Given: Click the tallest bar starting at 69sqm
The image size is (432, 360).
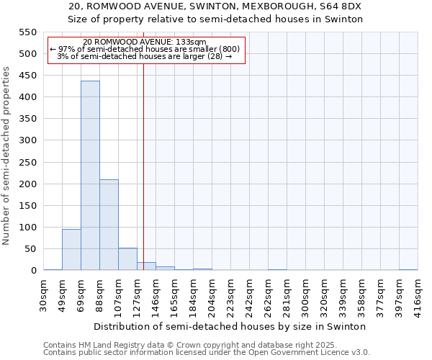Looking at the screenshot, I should (x=90, y=176).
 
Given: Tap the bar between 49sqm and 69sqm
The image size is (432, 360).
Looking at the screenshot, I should (x=71, y=249).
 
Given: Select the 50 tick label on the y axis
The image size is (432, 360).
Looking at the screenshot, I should (x=30, y=249).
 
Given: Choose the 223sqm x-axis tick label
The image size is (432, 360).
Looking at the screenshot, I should (x=231, y=293).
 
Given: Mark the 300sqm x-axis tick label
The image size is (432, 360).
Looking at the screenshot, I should (x=306, y=293).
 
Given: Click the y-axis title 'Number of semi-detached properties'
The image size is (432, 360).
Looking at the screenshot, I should (x=7, y=156).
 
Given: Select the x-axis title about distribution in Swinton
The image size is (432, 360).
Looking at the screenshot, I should (x=230, y=326).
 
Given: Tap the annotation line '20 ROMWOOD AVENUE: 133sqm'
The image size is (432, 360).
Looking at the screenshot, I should (x=145, y=42).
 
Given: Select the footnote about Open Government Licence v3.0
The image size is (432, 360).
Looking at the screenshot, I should (x=206, y=353).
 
